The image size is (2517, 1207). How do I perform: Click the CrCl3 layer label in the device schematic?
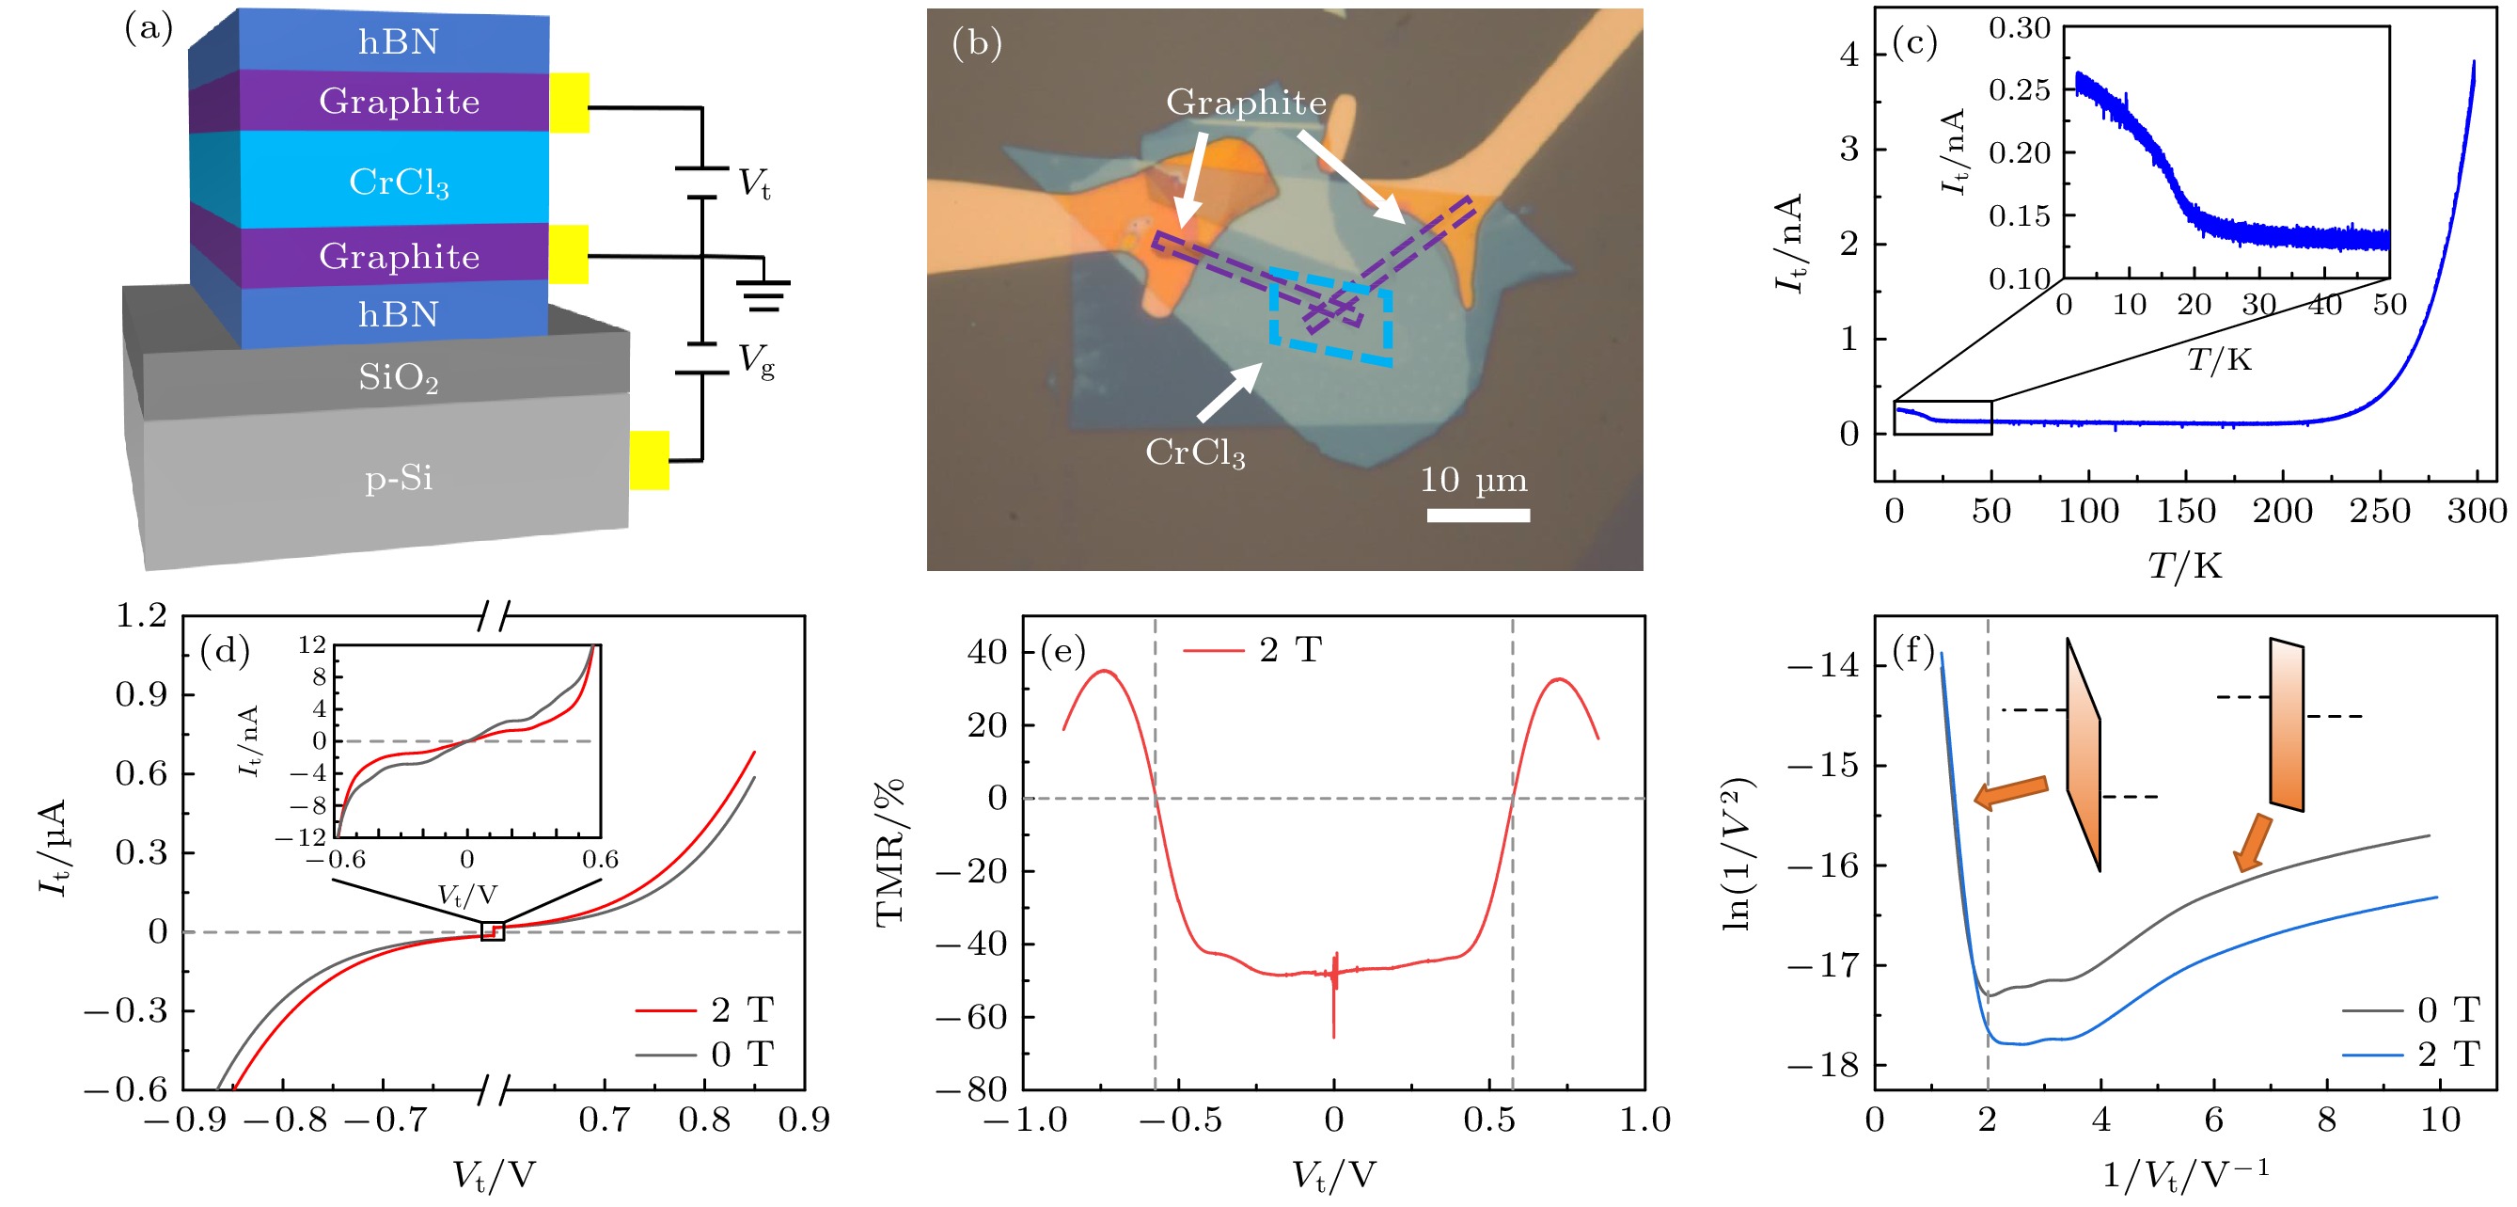click(399, 182)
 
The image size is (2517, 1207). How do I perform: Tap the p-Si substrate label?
click(399, 478)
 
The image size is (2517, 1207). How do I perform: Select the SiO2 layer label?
click(399, 377)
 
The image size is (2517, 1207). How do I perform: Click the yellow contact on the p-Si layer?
click(649, 459)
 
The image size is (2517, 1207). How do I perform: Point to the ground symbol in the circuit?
click(763, 294)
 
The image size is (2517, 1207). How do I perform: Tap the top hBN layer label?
click(399, 42)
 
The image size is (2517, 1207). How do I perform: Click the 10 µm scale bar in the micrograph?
click(1477, 515)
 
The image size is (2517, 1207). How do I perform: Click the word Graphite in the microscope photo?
click(1246, 102)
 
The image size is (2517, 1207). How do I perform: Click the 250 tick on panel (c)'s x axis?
click(2379, 511)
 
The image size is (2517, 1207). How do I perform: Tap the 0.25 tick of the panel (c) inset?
click(2020, 90)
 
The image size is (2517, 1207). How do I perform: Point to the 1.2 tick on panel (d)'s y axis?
click(142, 615)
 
